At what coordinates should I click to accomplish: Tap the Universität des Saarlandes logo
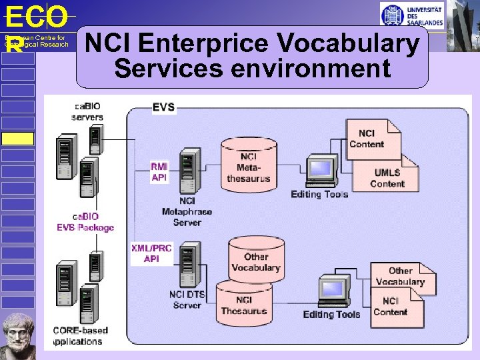[411, 15]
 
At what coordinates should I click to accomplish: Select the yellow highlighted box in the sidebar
[17, 139]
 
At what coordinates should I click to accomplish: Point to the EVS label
[164, 107]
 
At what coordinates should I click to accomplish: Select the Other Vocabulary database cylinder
[256, 259]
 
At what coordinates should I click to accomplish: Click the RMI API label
[159, 172]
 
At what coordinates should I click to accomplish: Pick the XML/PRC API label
[151, 253]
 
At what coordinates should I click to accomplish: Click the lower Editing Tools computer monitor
[333, 290]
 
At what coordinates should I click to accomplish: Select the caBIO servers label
[87, 111]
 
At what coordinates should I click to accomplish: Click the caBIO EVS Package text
[85, 222]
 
